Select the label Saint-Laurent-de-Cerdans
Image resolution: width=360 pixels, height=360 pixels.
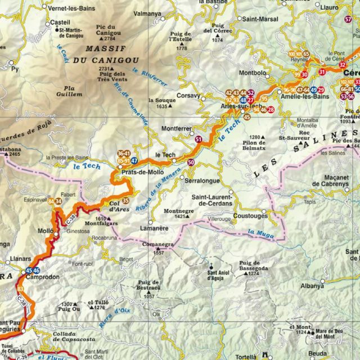pyautogui.click(x=213, y=200)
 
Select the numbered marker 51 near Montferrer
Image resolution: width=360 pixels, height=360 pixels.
pyautogui.click(x=198, y=138)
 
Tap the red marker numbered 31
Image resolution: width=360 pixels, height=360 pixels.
pyautogui.click(x=322, y=72)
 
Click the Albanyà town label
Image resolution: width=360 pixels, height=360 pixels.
pyautogui.click(x=312, y=286)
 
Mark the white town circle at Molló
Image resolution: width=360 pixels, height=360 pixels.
pyautogui.click(x=56, y=231)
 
